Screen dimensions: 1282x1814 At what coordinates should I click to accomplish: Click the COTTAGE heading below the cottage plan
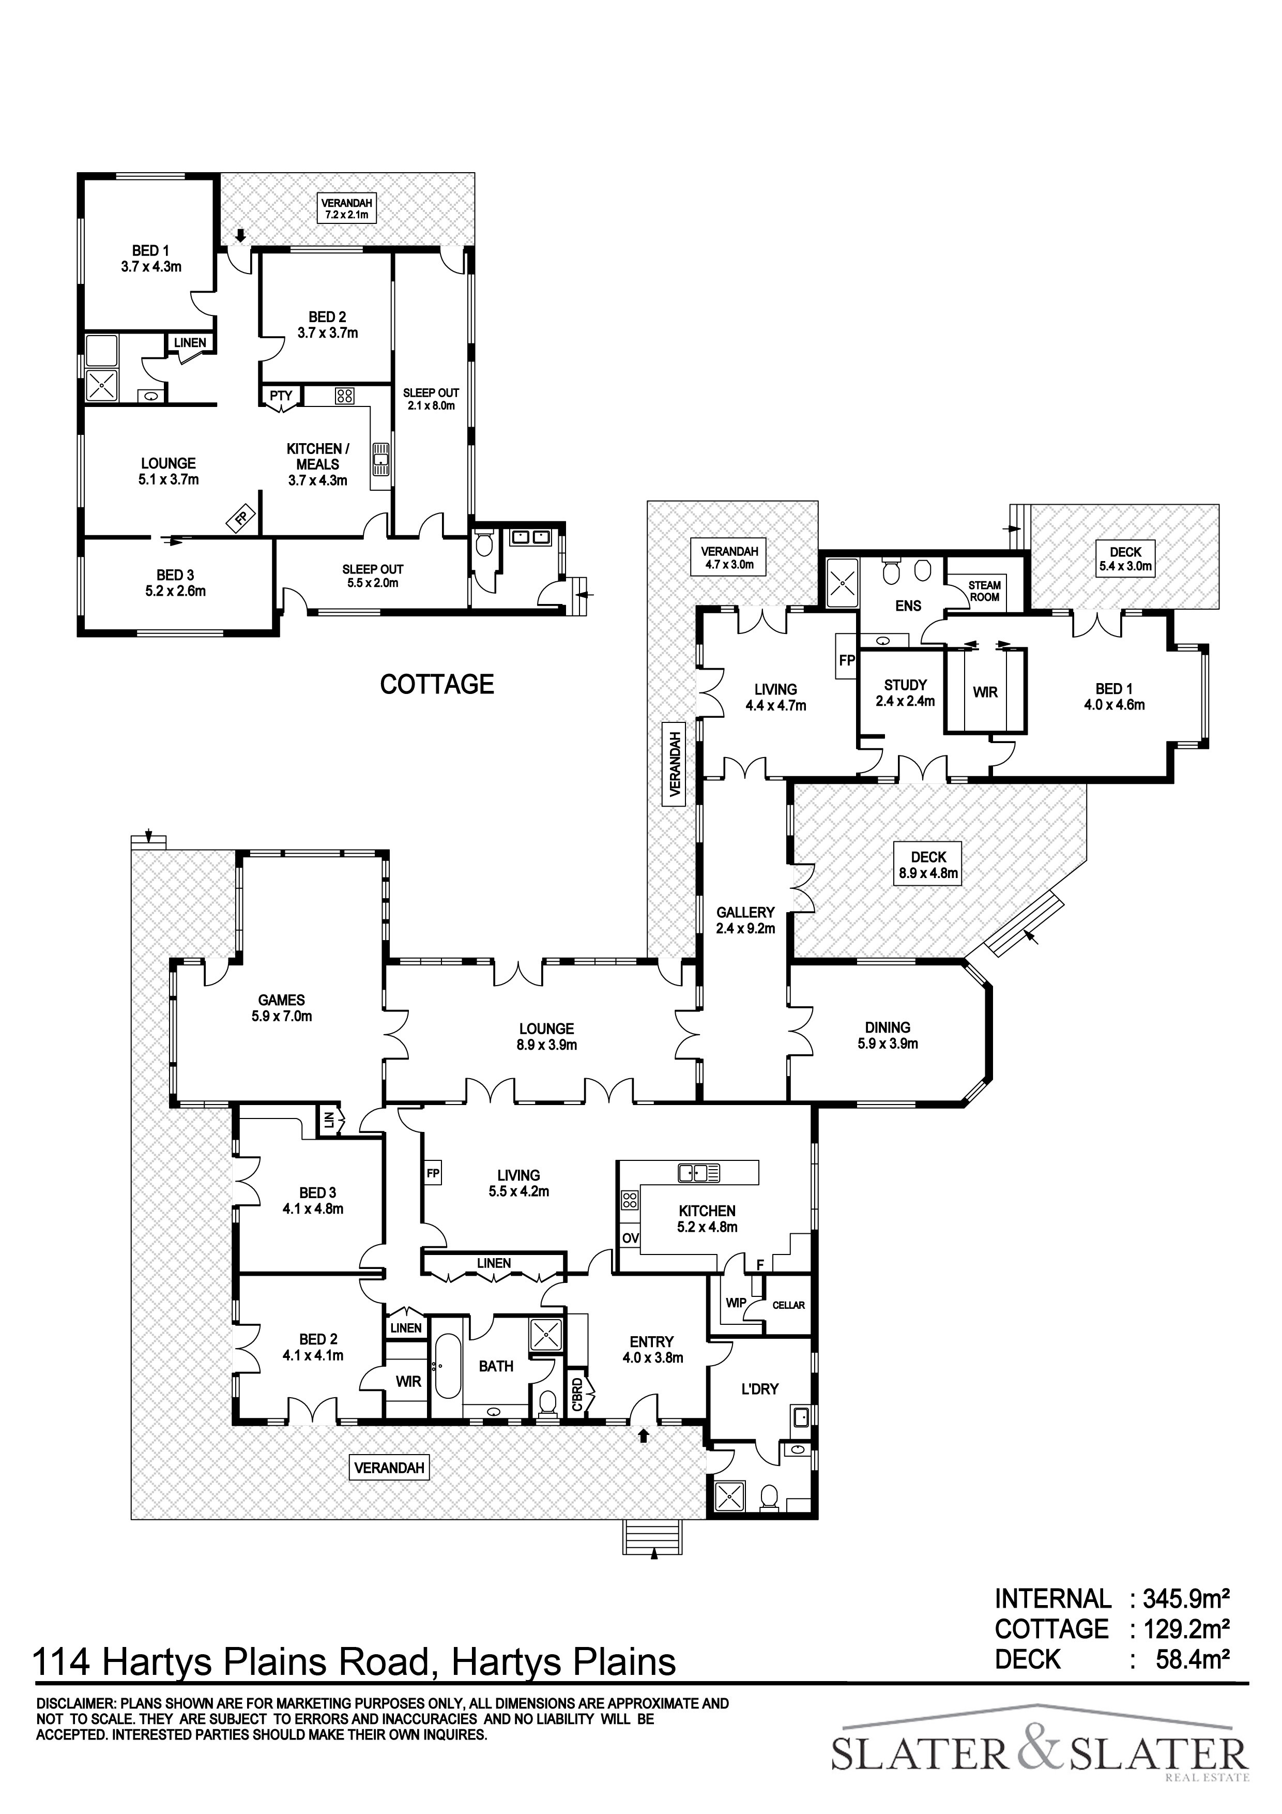(x=437, y=684)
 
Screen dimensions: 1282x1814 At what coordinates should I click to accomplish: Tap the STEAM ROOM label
(x=984, y=591)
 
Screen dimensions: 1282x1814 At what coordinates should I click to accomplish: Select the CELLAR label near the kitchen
(x=788, y=1305)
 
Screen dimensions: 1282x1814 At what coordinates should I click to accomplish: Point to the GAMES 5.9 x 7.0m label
(x=281, y=1008)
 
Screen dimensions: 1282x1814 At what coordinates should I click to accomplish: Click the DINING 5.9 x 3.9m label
(x=888, y=1035)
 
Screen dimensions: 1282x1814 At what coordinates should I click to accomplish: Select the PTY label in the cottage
(x=281, y=396)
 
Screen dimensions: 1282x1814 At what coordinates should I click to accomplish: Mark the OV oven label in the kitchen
(x=630, y=1238)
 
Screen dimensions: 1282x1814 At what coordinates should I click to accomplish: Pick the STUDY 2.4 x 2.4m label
(x=905, y=693)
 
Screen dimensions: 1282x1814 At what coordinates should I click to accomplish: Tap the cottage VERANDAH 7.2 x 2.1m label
(x=347, y=208)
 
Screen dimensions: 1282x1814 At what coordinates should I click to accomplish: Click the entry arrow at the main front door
(x=644, y=1435)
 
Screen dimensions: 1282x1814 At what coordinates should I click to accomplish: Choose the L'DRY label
(x=760, y=1389)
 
